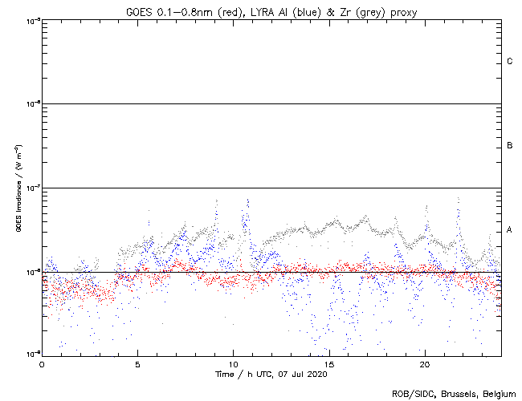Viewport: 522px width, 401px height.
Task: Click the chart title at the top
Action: pyautogui.click(x=271, y=11)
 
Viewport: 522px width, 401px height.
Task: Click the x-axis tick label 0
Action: pyautogui.click(x=42, y=364)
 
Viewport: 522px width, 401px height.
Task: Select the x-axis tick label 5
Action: pyautogui.click(x=137, y=364)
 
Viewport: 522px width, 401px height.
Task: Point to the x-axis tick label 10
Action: pyautogui.click(x=233, y=364)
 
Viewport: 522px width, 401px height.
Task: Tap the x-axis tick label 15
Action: pyautogui.click(x=328, y=364)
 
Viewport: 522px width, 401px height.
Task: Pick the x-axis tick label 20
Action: pyautogui.click(x=424, y=364)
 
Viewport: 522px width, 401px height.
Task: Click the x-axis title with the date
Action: pyautogui.click(x=271, y=375)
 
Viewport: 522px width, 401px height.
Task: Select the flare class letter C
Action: pyautogui.click(x=510, y=62)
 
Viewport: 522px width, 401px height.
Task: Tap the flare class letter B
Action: pyautogui.click(x=510, y=146)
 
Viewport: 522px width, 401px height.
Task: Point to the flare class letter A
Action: pyautogui.click(x=510, y=230)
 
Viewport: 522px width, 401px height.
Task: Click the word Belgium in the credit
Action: pyautogui.click(x=498, y=393)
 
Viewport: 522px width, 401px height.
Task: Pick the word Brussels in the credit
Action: pyautogui.click(x=458, y=393)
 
